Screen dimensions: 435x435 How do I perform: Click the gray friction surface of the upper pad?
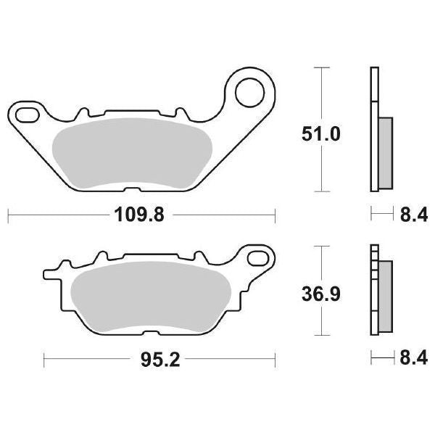click(x=130, y=152)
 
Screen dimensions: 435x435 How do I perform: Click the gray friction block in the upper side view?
click(x=385, y=151)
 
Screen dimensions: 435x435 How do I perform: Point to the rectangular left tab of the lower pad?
click(x=52, y=275)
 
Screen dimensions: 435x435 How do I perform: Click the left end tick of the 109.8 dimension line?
click(x=8, y=215)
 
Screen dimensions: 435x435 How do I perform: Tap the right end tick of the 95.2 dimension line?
click(x=276, y=357)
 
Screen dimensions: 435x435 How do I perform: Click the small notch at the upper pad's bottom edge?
click(x=133, y=191)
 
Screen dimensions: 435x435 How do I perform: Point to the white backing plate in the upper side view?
click(x=374, y=130)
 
